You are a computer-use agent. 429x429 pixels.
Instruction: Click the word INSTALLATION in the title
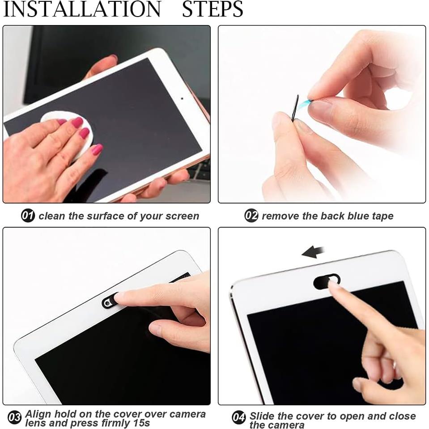tap(82, 9)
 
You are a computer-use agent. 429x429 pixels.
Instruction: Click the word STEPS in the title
tap(212, 9)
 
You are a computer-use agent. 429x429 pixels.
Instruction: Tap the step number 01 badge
tap(28, 216)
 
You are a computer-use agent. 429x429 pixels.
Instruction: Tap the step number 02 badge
tap(251, 216)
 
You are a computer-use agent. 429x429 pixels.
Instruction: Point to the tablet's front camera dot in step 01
tap(182, 98)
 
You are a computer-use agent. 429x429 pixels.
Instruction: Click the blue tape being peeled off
tap(306, 104)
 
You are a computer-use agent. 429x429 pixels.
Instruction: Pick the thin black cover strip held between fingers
tap(295, 108)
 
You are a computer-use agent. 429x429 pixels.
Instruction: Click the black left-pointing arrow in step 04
tap(313, 252)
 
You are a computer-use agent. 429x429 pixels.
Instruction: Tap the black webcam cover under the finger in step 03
tap(110, 301)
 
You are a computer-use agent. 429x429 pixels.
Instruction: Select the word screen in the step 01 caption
tap(182, 216)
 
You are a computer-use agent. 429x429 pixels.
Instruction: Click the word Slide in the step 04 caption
tap(262, 416)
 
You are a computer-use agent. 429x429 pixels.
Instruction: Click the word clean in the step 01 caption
tap(52, 216)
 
